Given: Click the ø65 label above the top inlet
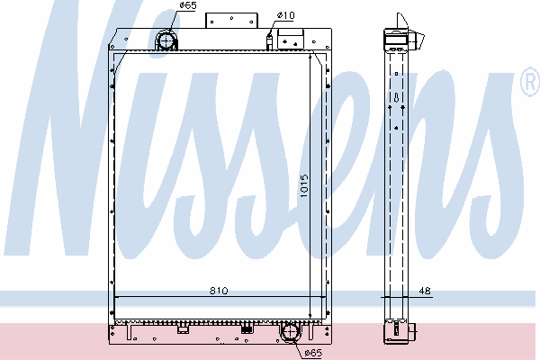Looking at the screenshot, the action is [188, 5].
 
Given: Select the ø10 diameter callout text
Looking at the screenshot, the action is [286, 15].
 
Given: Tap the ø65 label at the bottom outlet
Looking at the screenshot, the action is [313, 353].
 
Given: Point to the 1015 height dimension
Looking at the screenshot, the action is [304, 186].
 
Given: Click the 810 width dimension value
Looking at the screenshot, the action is [219, 291].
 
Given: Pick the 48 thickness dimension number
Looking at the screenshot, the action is [425, 291].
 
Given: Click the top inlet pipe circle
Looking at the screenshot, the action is [166, 41].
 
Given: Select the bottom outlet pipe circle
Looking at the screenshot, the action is [291, 332].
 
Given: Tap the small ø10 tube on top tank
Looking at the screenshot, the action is [269, 41].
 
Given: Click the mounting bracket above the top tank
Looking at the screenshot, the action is [231, 21].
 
